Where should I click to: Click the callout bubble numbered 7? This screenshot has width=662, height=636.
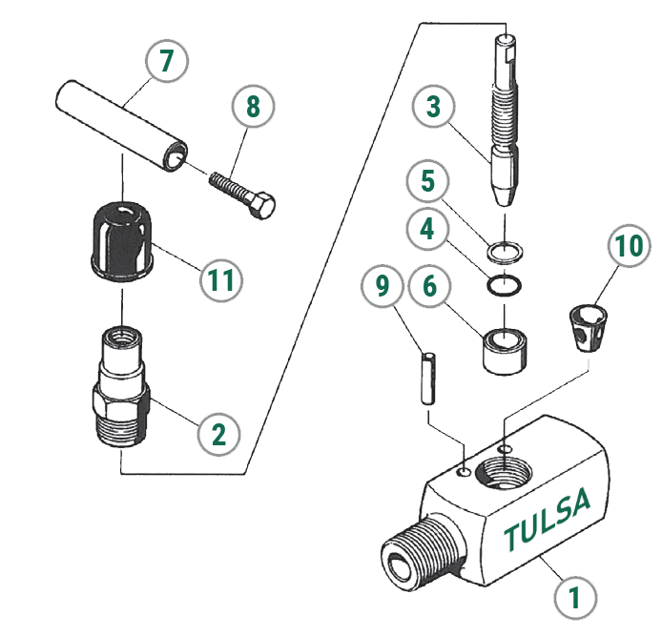[167, 61]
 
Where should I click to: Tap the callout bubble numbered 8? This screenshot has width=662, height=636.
[253, 107]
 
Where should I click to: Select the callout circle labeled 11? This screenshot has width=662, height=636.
[221, 279]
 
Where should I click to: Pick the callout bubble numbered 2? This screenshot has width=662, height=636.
[218, 434]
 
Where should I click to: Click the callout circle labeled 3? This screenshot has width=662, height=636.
[434, 107]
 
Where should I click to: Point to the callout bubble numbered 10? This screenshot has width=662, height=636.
[629, 246]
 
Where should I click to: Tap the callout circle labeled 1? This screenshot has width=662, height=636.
[575, 598]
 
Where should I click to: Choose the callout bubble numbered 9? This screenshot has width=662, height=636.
[383, 286]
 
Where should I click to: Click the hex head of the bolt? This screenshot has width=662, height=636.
[261, 206]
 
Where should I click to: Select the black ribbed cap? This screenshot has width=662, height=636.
[122, 242]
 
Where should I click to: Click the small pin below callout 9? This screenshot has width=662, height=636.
[428, 379]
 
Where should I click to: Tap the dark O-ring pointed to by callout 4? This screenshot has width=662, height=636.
[504, 286]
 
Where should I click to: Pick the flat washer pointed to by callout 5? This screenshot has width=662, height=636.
[506, 254]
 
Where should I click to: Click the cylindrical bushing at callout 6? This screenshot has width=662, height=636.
[505, 351]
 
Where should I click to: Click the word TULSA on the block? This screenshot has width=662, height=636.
[548, 519]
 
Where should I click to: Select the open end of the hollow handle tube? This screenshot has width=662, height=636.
[176, 156]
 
